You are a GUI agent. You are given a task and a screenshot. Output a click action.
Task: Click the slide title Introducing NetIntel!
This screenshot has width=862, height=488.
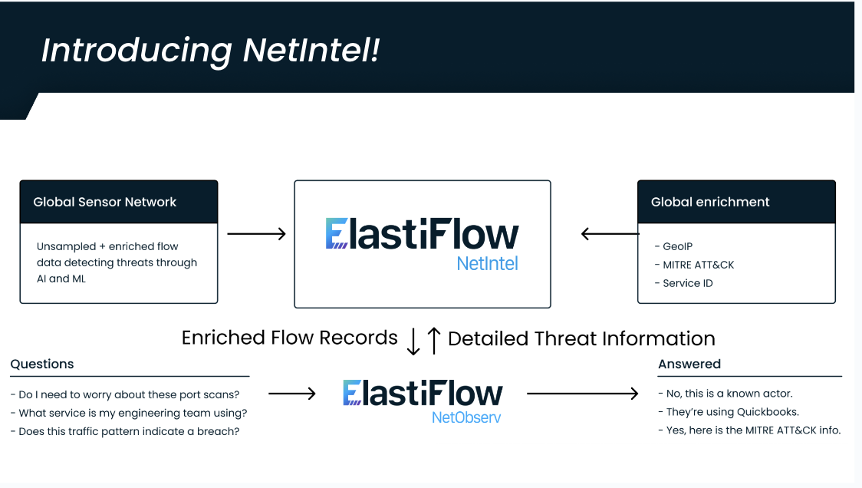210,51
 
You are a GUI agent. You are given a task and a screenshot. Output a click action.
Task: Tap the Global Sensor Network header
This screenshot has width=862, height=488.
105,202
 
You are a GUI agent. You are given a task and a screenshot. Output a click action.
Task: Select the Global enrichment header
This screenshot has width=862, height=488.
710,202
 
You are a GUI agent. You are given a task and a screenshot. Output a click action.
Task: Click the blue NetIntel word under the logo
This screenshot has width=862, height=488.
487,263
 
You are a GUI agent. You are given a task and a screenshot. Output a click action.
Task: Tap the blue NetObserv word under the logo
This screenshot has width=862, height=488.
466,417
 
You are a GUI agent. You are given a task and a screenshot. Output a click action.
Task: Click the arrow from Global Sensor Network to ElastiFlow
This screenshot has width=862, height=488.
256,233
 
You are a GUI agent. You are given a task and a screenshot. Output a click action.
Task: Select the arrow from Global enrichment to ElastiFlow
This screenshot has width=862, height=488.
610,233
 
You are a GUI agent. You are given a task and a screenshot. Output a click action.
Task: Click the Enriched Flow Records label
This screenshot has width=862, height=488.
289,338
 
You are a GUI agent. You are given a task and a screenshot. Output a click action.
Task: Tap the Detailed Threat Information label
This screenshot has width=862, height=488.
581,338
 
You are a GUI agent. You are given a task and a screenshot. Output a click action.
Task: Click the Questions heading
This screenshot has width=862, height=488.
42,364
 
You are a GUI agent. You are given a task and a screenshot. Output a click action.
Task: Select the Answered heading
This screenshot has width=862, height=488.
689,364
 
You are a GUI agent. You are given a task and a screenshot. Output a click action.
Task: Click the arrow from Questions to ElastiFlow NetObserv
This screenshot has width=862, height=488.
291,394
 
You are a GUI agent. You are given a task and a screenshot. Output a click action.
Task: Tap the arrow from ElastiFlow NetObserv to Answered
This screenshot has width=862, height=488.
583,394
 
